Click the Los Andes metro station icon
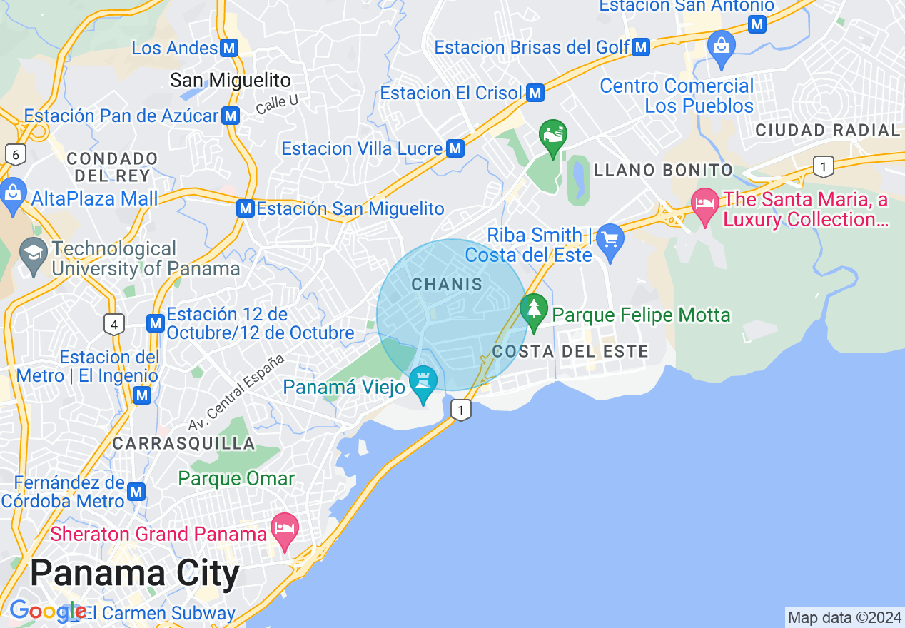(x=229, y=48)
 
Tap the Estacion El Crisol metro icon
(x=535, y=93)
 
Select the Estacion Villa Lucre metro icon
(x=455, y=148)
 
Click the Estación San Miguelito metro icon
(x=246, y=208)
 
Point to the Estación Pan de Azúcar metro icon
(x=230, y=116)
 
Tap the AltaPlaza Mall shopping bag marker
(x=13, y=193)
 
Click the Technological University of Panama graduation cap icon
(x=33, y=255)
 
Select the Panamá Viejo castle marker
(x=424, y=380)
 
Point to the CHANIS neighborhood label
(x=448, y=284)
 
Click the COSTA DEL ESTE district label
(x=570, y=351)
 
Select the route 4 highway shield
(x=113, y=325)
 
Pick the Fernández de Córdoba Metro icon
(x=136, y=492)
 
